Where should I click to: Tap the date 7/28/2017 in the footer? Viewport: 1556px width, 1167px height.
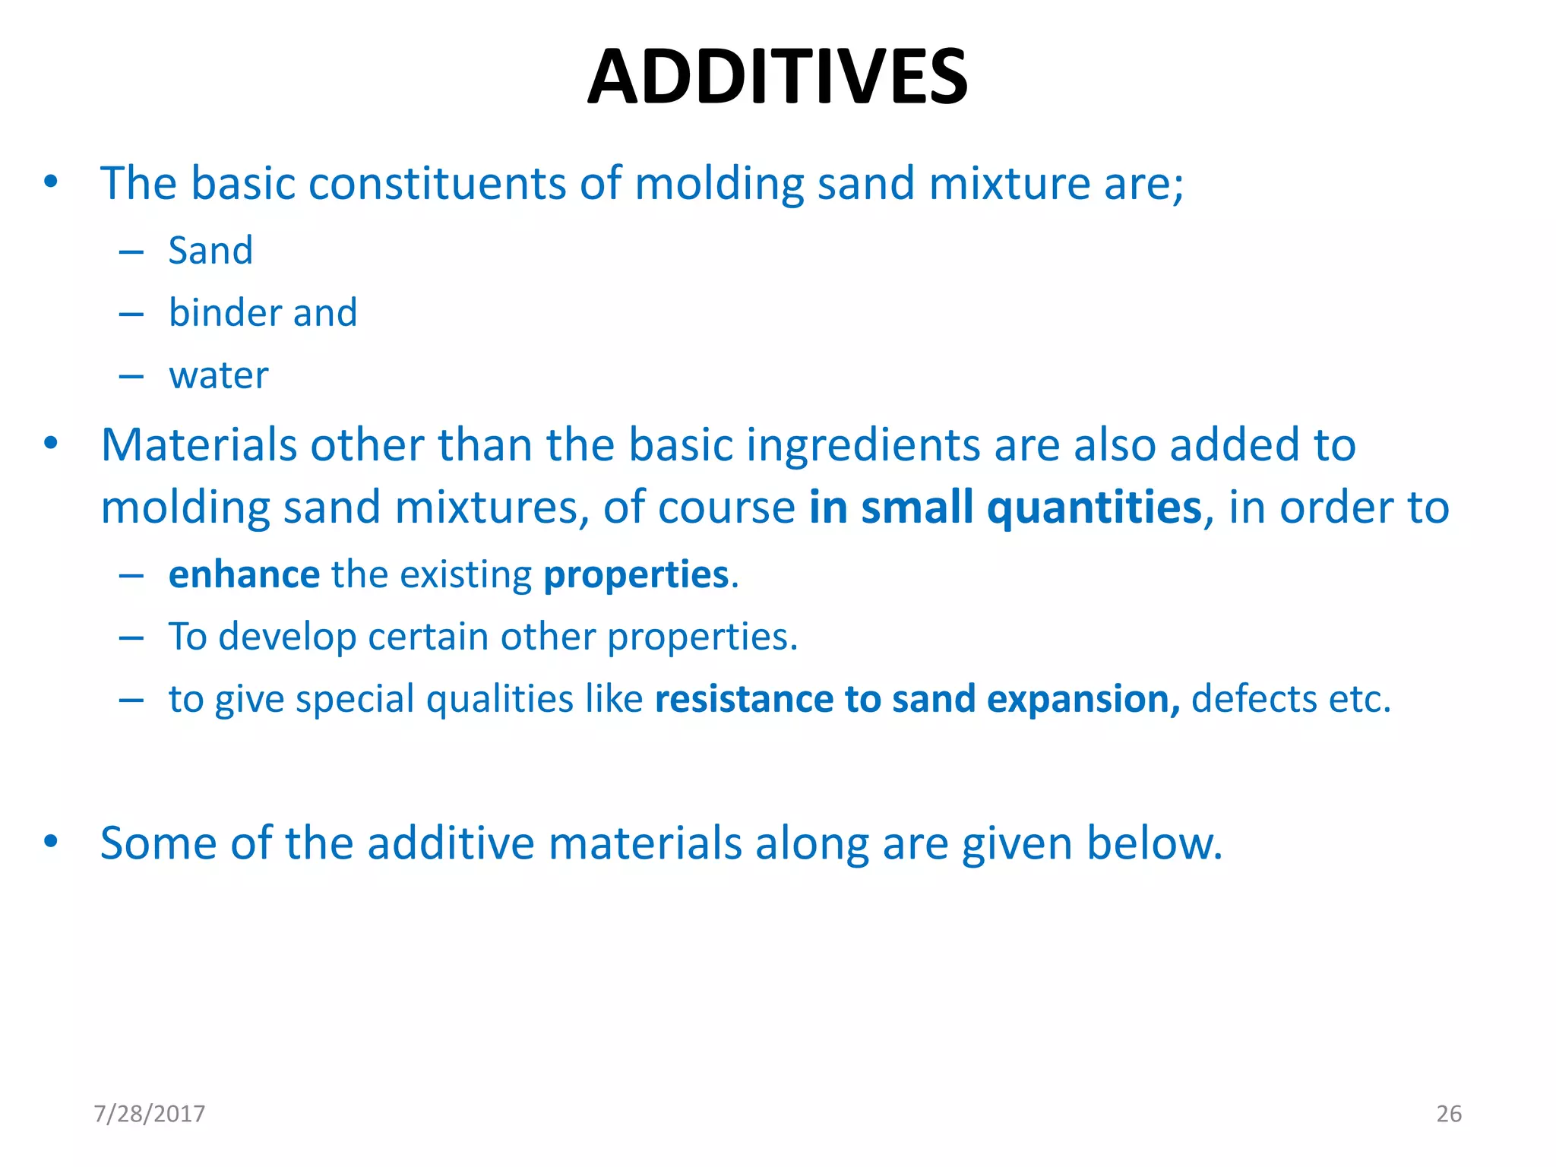(149, 1114)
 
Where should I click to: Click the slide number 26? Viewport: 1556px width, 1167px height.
(1448, 1114)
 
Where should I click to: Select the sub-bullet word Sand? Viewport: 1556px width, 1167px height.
(210, 251)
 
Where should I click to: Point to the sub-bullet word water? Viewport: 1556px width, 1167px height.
(219, 375)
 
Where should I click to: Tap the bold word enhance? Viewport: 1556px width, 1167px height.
(243, 575)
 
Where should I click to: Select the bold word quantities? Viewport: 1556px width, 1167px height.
(1094, 508)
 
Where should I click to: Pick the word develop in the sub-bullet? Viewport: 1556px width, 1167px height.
(287, 637)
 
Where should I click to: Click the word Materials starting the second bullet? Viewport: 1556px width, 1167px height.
(198, 445)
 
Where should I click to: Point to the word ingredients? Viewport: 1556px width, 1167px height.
(863, 445)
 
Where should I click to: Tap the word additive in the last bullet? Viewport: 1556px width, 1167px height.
(451, 843)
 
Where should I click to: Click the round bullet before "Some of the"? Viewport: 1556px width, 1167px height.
(51, 841)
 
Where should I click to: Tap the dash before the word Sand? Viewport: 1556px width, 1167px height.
(131, 252)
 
